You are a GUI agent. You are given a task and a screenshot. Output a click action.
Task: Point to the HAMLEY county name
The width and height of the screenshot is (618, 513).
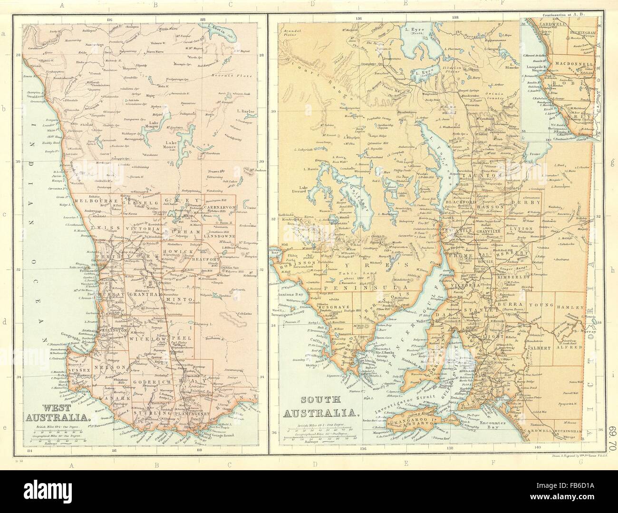[569, 307]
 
